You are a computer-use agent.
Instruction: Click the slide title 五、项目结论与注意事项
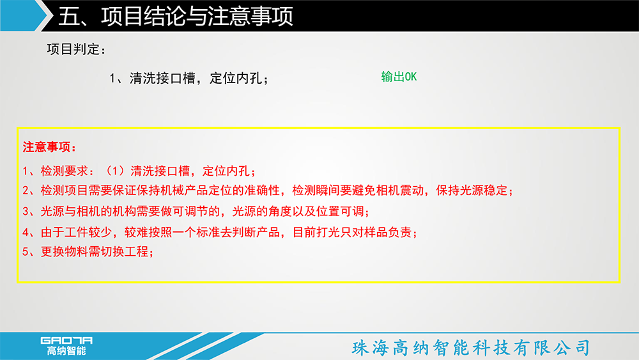tap(176, 17)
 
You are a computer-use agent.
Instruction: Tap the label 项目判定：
tap(76, 49)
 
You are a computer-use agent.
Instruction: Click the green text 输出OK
tap(399, 77)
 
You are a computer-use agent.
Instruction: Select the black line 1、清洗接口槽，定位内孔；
tap(189, 78)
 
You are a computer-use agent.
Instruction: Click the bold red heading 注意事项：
tap(49, 147)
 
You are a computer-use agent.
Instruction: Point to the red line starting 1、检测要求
tap(139, 171)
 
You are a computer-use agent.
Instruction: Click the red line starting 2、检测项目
tap(268, 191)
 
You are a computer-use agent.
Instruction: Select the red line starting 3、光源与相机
tap(196, 211)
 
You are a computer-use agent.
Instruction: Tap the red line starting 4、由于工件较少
tap(220, 232)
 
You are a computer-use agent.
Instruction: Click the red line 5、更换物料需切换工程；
tap(88, 251)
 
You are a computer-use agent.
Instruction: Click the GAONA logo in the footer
tap(66, 340)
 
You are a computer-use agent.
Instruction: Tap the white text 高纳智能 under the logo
tap(66, 350)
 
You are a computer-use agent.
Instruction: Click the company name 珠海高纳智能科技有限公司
tap(471, 348)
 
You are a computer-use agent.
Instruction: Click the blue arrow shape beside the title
tap(24, 15)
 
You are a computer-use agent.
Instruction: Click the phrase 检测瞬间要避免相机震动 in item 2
tap(358, 191)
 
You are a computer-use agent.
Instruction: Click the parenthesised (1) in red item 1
tap(115, 171)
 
